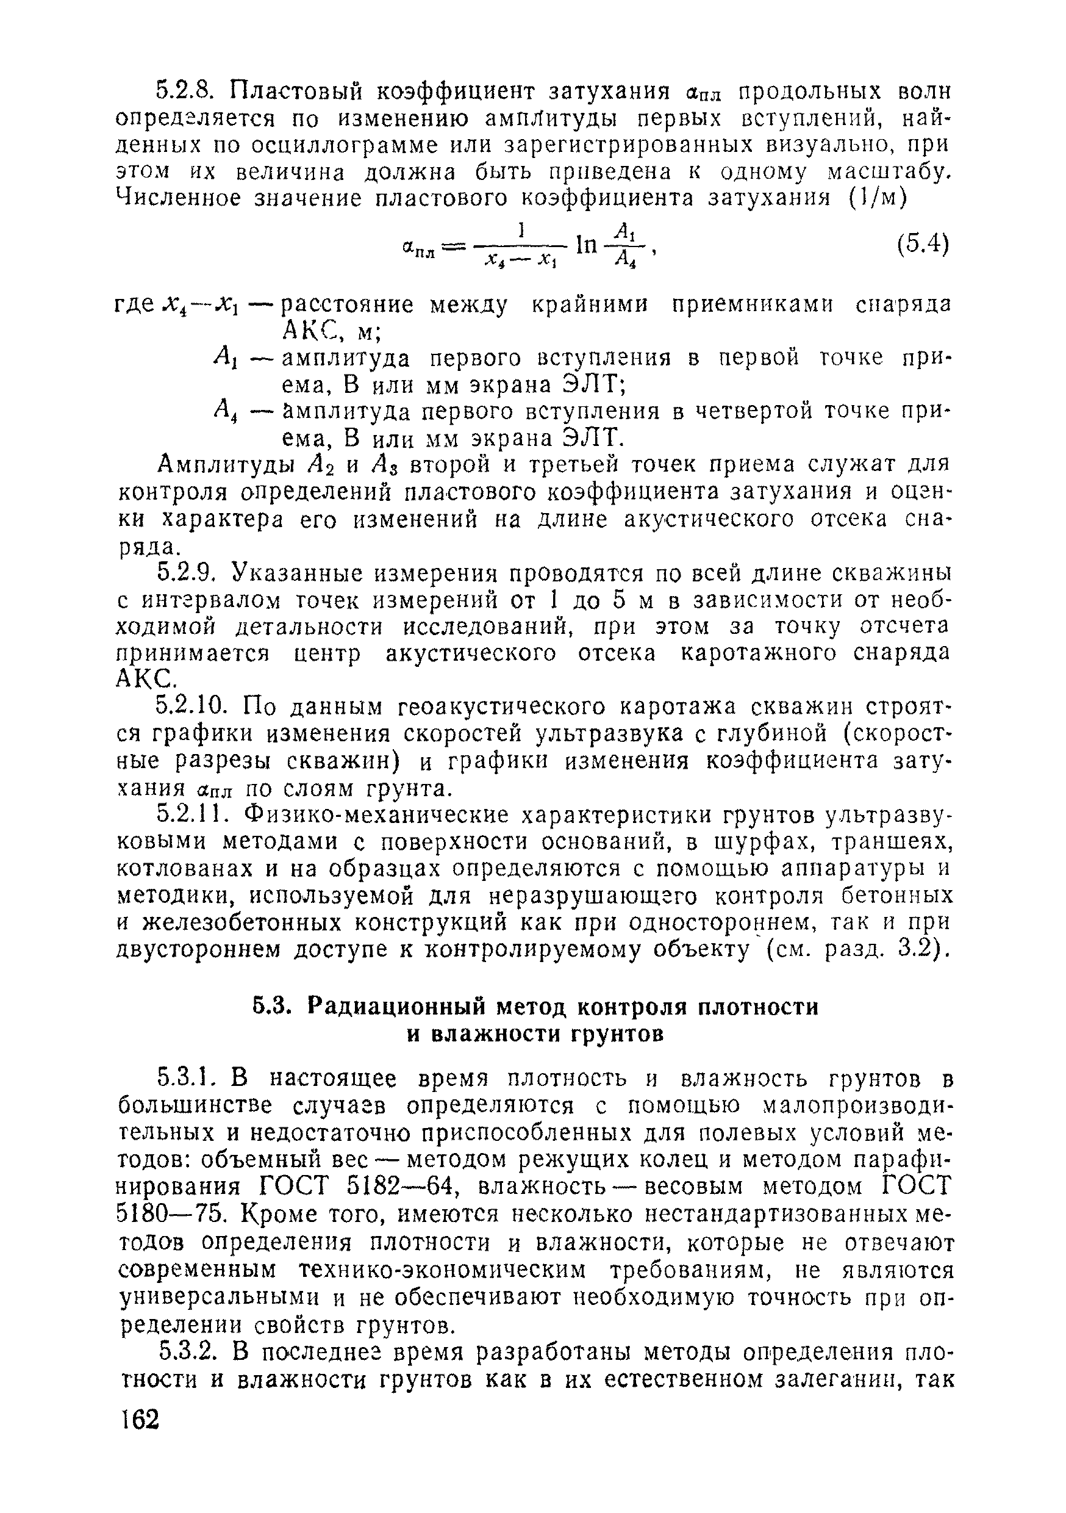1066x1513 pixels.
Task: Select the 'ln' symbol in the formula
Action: click(x=585, y=245)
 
